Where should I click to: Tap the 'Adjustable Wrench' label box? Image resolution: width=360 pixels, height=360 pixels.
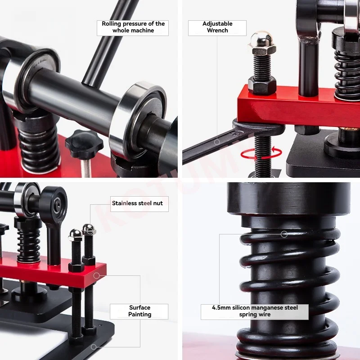click(217, 28)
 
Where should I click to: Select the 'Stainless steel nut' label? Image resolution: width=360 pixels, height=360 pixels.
click(139, 204)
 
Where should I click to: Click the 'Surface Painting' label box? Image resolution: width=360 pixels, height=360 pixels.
click(139, 311)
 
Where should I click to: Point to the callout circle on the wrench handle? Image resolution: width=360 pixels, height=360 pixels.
click(217, 142)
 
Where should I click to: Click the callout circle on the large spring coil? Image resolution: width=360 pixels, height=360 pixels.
click(284, 234)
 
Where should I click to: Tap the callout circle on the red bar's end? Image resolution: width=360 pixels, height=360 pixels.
click(96, 275)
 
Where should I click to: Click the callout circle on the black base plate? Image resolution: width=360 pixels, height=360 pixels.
click(94, 346)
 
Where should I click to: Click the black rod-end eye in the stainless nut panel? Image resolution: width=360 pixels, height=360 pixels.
click(54, 202)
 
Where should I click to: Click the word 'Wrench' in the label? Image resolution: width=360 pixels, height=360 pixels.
click(217, 31)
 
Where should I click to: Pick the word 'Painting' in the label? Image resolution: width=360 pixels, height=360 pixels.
click(139, 315)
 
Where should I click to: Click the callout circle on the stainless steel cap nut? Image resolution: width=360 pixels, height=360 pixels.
click(90, 231)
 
